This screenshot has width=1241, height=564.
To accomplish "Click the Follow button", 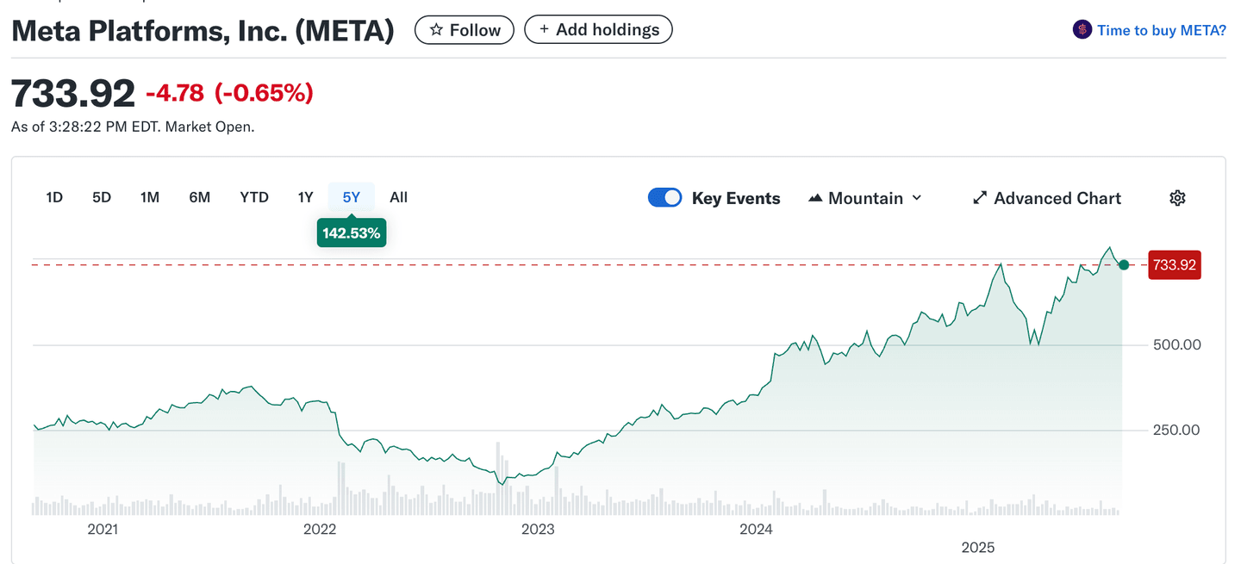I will tap(464, 30).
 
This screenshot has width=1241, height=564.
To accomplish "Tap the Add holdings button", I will tap(598, 30).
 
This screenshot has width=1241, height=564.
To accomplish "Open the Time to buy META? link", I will tap(1150, 30).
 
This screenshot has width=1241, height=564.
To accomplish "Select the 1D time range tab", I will tap(54, 197).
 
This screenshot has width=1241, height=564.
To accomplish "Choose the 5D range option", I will tap(102, 197).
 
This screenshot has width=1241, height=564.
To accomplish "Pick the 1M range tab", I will tap(150, 197).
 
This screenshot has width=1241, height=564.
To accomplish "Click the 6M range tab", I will tap(199, 197).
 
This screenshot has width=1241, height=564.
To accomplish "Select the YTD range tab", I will tap(254, 197).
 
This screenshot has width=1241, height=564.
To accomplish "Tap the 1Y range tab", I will tap(305, 197).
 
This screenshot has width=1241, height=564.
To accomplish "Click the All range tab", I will tap(398, 197).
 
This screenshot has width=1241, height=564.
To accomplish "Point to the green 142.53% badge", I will tap(351, 233).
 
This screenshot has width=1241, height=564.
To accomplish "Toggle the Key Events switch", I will tap(664, 198).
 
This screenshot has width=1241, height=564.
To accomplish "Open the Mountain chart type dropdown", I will tap(865, 198).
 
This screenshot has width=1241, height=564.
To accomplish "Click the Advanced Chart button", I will tap(1047, 198).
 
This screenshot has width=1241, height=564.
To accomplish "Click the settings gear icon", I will tap(1177, 198).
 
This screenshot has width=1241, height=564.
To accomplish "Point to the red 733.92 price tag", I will tap(1175, 265).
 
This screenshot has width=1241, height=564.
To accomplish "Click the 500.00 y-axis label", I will tap(1176, 345).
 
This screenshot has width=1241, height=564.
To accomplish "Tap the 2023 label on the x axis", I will tap(539, 530).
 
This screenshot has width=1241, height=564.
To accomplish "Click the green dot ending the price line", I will tap(1124, 265).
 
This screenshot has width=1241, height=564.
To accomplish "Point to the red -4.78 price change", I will tap(175, 93).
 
